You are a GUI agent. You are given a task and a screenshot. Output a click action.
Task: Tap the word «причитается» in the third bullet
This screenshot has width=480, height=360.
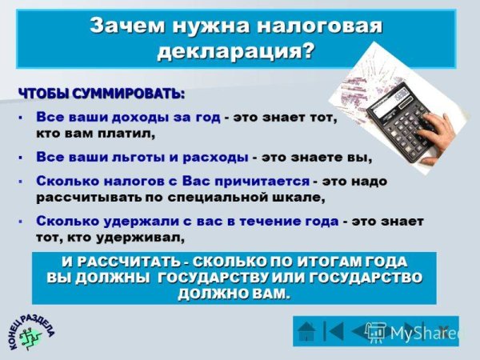pos(261,181)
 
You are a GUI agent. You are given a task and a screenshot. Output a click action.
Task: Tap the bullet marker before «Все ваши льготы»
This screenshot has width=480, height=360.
pos(20,158)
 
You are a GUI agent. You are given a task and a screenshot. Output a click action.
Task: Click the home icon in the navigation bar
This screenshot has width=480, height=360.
pos(309,330)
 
